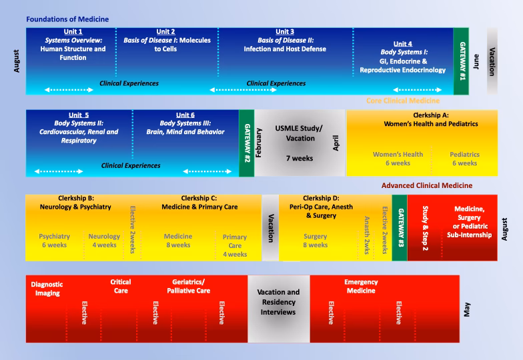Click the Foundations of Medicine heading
[x=67, y=19]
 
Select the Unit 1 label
[x=71, y=32]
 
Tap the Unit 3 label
[x=285, y=32]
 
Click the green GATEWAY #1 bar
[x=462, y=61]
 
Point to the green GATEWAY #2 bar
[x=246, y=143]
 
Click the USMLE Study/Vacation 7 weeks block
[x=300, y=142]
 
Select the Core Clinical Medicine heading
[x=403, y=101]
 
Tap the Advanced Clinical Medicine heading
[x=427, y=185]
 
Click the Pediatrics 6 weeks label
[x=464, y=159]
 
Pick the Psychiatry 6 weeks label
[x=54, y=241]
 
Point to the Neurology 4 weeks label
[x=104, y=241]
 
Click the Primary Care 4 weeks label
[x=235, y=245]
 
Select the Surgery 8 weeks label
[x=315, y=241]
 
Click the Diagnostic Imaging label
[x=45, y=288]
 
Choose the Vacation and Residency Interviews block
[x=278, y=302]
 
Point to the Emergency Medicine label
[x=361, y=286]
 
